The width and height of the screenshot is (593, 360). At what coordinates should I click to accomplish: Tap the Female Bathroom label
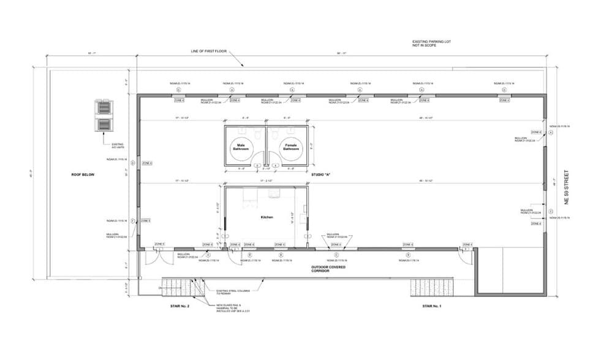coord(290,147)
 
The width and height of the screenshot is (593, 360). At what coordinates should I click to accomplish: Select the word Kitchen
coord(266,217)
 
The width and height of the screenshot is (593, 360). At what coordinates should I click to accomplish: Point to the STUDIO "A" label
coord(320,174)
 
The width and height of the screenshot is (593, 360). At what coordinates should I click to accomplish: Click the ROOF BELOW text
coord(83,174)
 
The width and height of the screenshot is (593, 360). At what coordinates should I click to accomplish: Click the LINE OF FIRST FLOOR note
coord(208,51)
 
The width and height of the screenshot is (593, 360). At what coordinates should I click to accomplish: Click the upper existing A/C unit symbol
coord(104,108)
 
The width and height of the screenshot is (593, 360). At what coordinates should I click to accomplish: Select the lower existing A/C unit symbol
coord(104,125)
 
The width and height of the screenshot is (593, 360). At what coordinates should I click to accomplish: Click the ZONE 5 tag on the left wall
coord(146,220)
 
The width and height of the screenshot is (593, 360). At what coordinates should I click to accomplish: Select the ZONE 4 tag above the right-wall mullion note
coord(536,132)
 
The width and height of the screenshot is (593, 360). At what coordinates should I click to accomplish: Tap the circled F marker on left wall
coord(132,220)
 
